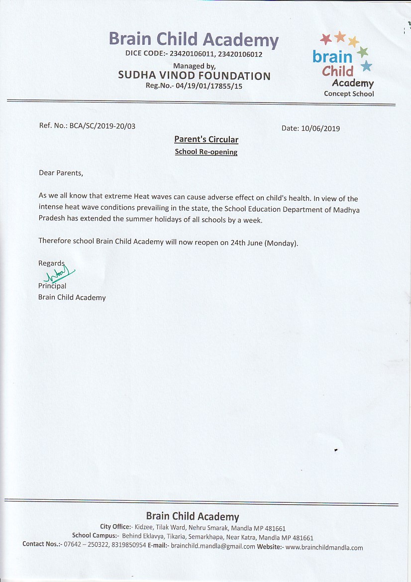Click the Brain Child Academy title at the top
[x=194, y=39]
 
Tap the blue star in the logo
[x=366, y=66]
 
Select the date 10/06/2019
[x=321, y=128]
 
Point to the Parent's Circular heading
[x=206, y=139]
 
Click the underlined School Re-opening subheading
[x=206, y=152]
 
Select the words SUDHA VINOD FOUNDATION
[x=194, y=76]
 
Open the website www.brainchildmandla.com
[x=324, y=548]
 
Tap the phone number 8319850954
[x=125, y=545]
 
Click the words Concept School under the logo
[x=349, y=94]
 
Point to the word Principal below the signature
[x=52, y=286]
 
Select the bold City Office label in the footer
[x=116, y=527]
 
